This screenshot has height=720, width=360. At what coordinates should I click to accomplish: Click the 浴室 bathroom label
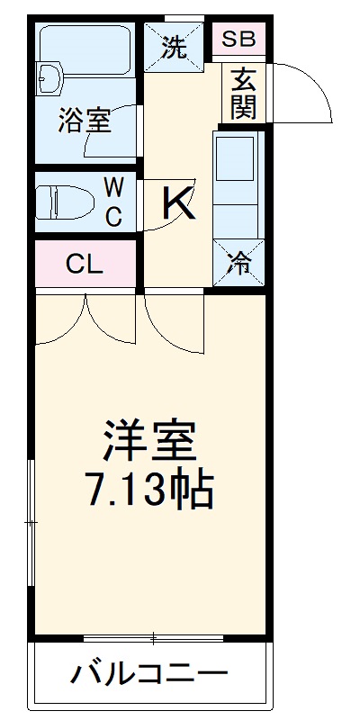point(85,121)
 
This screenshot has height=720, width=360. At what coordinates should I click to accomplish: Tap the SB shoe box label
point(238,39)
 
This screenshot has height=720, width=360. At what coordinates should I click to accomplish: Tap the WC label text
point(114,202)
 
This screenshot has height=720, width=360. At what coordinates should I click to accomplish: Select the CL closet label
point(85,265)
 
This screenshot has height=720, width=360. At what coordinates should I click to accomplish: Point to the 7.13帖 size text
point(148,490)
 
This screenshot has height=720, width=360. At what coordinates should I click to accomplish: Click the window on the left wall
point(31,522)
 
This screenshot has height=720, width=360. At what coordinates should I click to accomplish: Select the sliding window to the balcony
point(153,638)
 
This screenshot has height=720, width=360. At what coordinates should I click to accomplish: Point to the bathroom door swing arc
point(121,135)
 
